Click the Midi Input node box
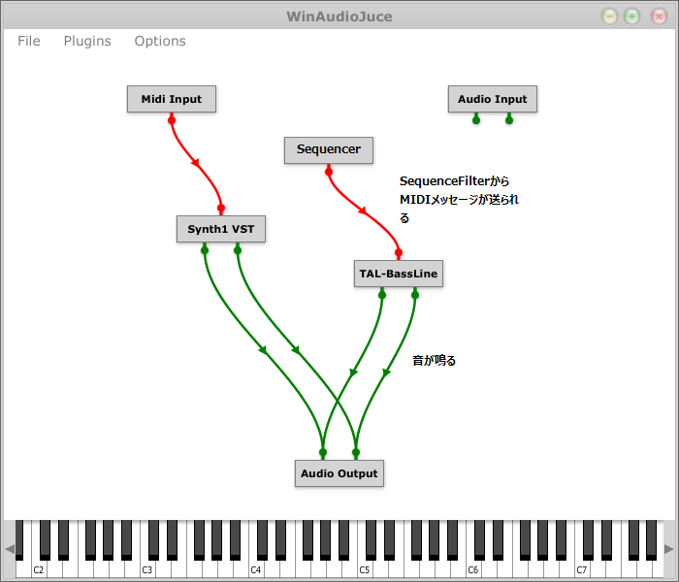point(172,99)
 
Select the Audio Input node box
point(492,99)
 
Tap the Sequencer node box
point(328,149)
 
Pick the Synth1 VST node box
point(220,229)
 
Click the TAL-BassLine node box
point(398,275)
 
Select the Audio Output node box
point(339,473)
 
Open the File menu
point(29,41)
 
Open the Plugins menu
point(87,41)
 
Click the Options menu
point(160,41)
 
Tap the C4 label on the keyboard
point(256,569)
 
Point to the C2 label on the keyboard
point(39,569)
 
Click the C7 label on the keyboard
point(582,569)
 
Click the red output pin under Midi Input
point(172,118)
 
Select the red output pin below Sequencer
point(328,170)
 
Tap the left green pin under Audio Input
point(475,119)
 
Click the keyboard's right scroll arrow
point(668,549)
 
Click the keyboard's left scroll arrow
point(10,549)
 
